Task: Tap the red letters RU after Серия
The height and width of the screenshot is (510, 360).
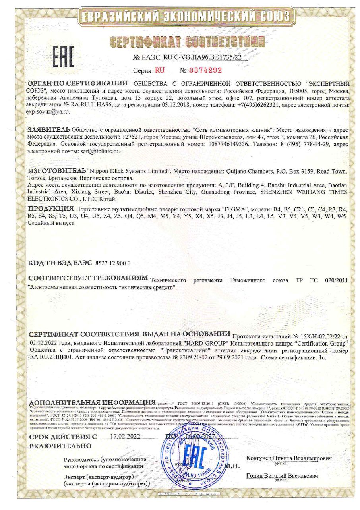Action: coord(159,70)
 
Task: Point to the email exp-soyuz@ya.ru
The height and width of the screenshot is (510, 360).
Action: coord(48,112)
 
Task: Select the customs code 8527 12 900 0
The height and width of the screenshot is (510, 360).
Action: coord(113,263)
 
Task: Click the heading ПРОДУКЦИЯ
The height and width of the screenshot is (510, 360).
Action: coord(51,209)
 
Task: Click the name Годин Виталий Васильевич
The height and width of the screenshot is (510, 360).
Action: coord(282,476)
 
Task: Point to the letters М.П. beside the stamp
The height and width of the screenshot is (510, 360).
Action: coord(232,466)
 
